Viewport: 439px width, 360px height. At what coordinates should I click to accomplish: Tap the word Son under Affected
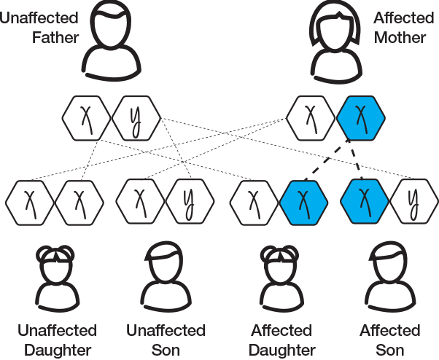point(390,349)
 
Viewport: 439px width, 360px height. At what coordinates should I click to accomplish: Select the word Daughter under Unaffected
point(58,349)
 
